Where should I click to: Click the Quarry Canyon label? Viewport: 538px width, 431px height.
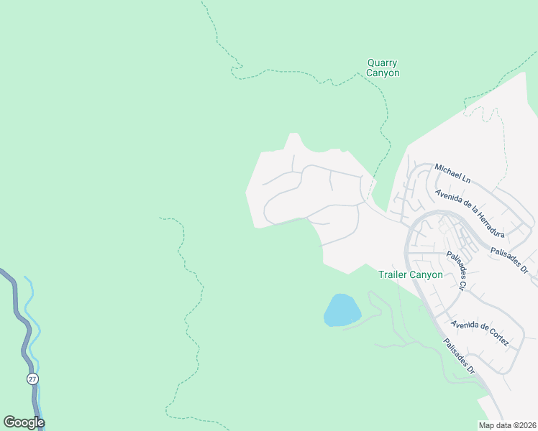(383, 68)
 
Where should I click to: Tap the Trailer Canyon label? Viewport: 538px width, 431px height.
(411, 274)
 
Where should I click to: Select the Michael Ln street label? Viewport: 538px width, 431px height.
(452, 174)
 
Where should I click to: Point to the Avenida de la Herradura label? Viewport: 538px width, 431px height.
(470, 212)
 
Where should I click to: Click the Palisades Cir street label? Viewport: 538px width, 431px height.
(453, 270)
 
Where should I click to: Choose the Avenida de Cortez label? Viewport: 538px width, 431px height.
(480, 331)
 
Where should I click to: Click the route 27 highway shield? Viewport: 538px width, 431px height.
(33, 379)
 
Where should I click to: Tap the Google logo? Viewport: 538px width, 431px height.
(24, 422)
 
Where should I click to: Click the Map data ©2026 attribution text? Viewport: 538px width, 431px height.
(506, 425)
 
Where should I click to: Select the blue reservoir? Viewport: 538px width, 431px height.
(342, 310)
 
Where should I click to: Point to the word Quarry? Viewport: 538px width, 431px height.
(383, 63)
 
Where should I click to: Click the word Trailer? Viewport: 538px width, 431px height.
(393, 274)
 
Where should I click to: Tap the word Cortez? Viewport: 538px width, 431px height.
(497, 338)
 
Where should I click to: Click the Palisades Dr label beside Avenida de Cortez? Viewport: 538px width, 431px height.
(459, 357)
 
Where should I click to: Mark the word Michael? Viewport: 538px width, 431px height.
(447, 171)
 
